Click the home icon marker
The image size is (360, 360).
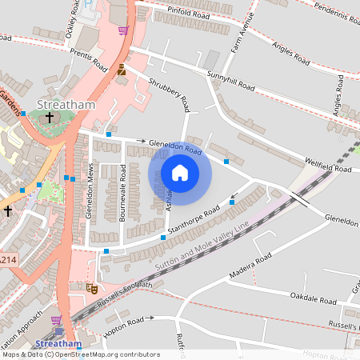coord(180,173)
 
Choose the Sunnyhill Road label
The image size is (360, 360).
coord(230,80)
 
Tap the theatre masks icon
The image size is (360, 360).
coord(90,286)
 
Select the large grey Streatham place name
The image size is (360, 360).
coord(66,105)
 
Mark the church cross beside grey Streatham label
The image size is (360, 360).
coord(50,118)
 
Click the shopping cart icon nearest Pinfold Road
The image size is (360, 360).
coord(123,30)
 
